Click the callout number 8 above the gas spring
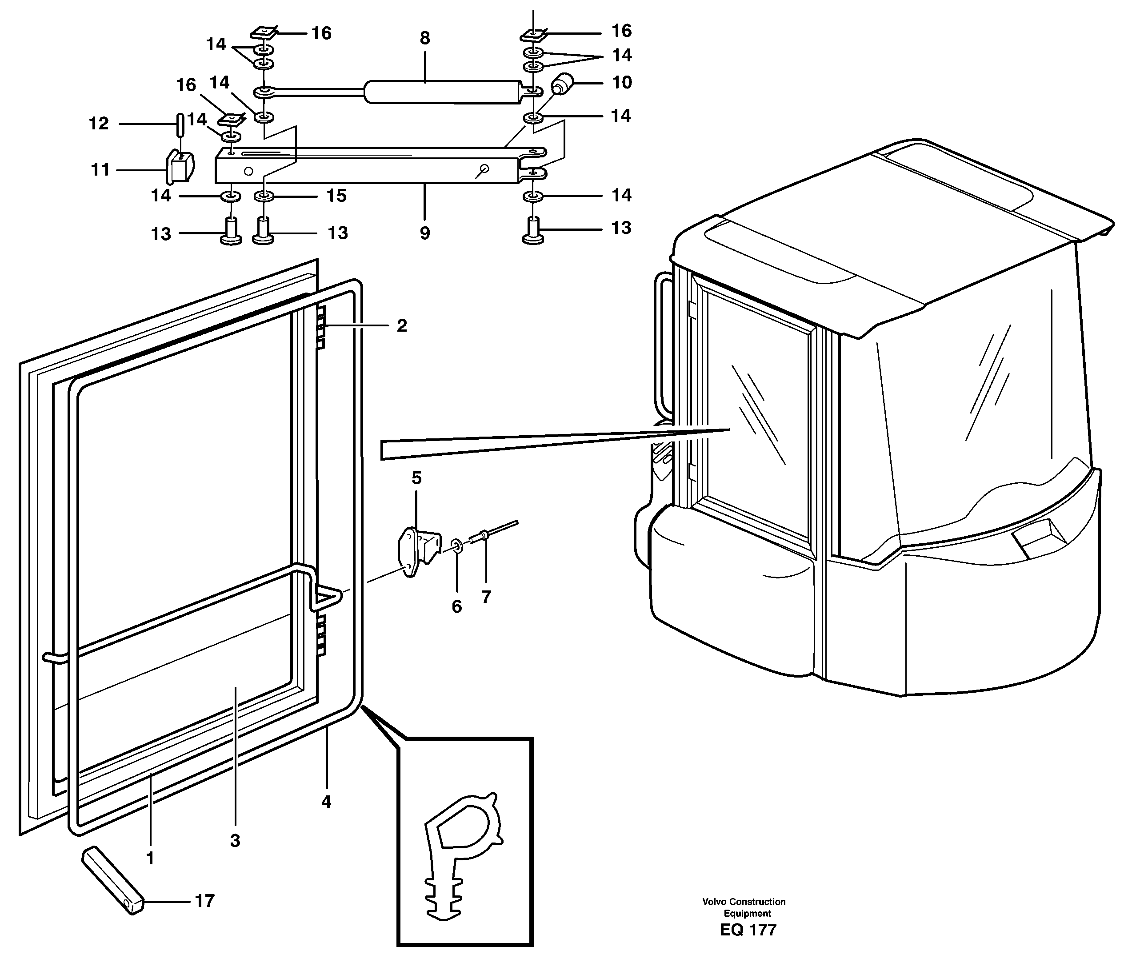click(x=424, y=39)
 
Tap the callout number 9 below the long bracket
click(x=424, y=233)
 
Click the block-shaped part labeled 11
click(x=180, y=168)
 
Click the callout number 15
click(x=336, y=196)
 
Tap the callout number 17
click(x=205, y=901)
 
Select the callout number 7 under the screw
click(x=486, y=597)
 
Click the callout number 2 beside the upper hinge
click(x=402, y=325)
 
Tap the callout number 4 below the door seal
click(x=326, y=802)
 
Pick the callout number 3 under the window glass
click(x=235, y=841)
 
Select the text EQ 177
click(x=748, y=930)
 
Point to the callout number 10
click(x=622, y=83)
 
